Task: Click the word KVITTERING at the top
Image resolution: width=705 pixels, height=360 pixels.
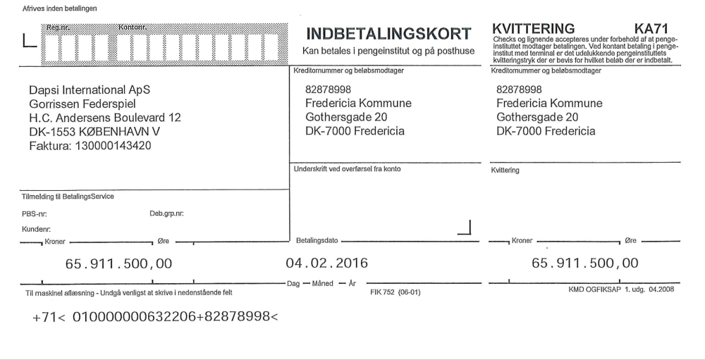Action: click(x=534, y=28)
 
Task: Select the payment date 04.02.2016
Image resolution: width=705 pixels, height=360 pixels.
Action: click(x=326, y=263)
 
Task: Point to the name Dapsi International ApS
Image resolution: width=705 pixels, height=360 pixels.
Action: click(x=90, y=90)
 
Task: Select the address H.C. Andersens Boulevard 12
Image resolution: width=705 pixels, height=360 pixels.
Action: click(x=104, y=118)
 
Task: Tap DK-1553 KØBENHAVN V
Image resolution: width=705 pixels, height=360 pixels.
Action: click(x=94, y=132)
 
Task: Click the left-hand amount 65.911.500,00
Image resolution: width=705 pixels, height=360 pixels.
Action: click(x=118, y=264)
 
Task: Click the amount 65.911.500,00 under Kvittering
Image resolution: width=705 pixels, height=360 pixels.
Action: click(x=584, y=263)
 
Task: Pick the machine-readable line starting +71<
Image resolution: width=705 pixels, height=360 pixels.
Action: click(x=156, y=317)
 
